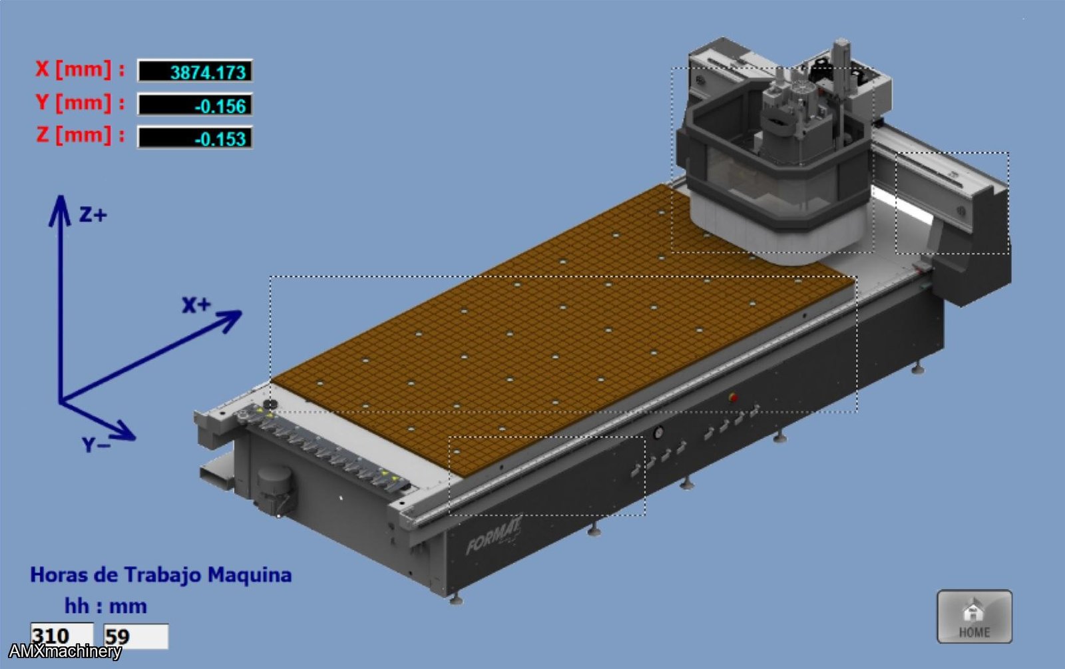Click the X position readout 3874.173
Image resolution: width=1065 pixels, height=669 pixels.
(x=195, y=71)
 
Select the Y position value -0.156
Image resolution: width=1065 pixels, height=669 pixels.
(x=195, y=105)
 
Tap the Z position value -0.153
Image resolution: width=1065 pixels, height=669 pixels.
(x=195, y=137)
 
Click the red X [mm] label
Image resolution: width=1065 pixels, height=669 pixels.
(x=80, y=69)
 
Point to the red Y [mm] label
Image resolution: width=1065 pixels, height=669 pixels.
(x=80, y=103)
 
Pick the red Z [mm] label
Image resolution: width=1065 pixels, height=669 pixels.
(x=80, y=136)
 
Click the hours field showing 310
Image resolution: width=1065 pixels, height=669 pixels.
(x=62, y=636)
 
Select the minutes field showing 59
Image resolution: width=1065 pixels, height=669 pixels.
(x=136, y=636)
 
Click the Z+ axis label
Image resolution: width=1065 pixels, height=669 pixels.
(x=93, y=215)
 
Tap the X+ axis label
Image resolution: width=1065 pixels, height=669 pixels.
(x=196, y=305)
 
